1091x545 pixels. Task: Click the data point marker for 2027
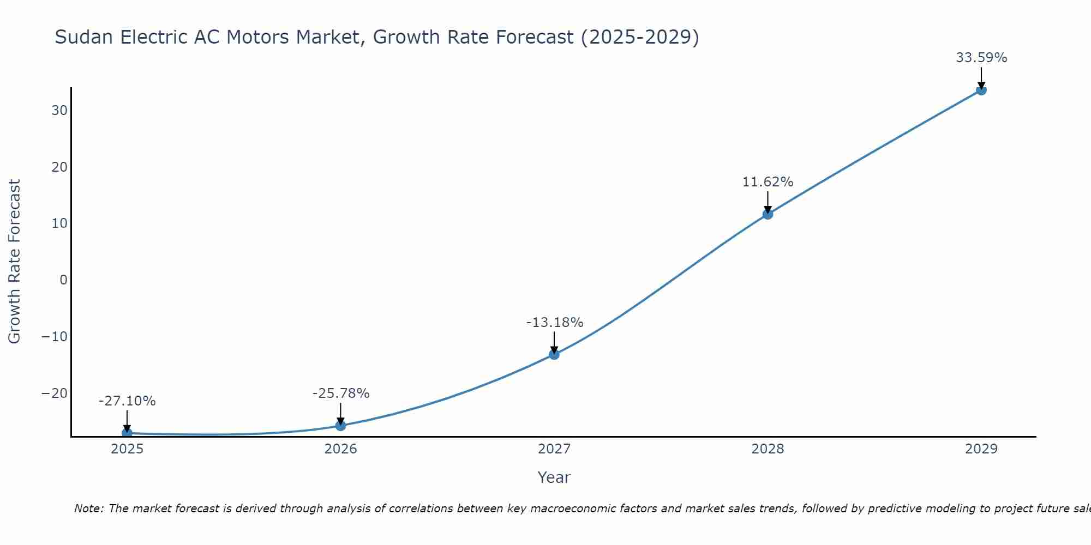point(554,354)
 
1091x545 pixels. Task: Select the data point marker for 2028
point(768,214)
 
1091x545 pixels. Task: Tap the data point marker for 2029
point(981,90)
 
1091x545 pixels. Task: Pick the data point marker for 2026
point(340,425)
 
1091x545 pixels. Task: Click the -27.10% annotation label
point(127,401)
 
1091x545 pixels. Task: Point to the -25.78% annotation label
point(341,393)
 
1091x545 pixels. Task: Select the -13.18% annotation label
point(554,323)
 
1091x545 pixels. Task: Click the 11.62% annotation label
point(768,182)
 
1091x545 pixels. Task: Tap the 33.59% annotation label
point(981,58)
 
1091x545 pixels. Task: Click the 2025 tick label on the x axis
point(127,449)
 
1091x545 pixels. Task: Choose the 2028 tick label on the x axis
point(768,449)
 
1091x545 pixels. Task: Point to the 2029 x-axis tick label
point(981,449)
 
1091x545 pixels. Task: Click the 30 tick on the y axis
point(59,111)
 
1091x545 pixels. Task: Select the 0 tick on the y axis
point(64,280)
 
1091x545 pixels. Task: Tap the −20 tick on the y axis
point(55,393)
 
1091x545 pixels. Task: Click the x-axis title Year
point(554,477)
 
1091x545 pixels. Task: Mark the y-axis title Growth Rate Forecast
point(14,262)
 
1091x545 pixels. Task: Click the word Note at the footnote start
point(88,508)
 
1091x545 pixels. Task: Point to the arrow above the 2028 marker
point(768,202)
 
